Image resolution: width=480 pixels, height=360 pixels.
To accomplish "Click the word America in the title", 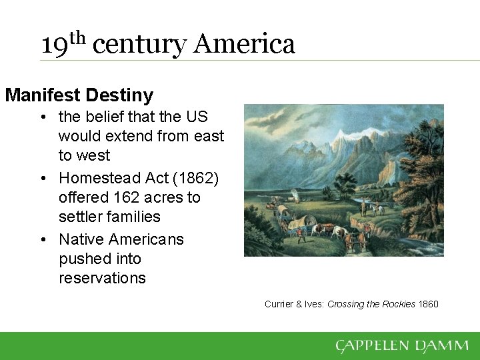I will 244,45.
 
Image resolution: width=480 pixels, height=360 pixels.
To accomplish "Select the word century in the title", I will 140,46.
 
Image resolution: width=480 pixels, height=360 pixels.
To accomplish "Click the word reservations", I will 102,278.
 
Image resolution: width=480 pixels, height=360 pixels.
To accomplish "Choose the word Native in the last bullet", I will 81,239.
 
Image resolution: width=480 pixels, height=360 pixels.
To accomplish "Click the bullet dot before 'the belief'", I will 43,117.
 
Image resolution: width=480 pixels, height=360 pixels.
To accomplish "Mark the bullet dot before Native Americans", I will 43,240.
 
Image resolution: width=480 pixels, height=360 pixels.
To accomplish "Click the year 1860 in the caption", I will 428,304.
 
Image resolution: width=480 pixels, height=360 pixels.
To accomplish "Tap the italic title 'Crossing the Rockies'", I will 371,304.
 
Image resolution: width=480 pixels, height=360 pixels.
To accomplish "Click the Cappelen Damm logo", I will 402,345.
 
